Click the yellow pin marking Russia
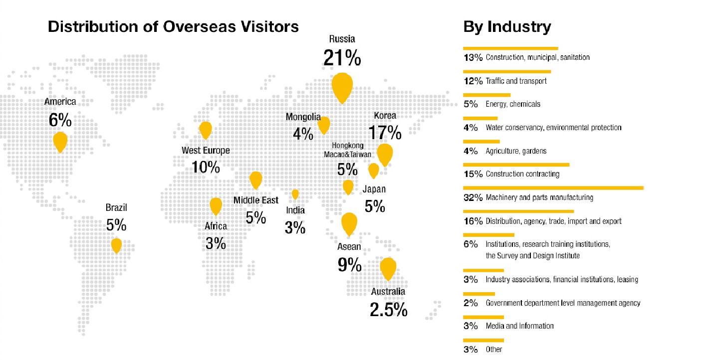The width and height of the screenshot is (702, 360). click(x=342, y=85)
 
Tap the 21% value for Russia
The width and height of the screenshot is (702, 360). click(x=342, y=58)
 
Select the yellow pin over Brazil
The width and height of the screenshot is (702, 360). click(x=116, y=245)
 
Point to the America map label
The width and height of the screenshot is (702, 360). click(x=60, y=102)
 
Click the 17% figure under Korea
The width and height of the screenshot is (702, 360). click(x=385, y=132)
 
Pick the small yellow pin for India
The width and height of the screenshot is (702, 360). click(x=295, y=194)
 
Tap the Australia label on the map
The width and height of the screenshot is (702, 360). click(x=388, y=292)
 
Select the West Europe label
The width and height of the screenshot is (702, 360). click(x=206, y=151)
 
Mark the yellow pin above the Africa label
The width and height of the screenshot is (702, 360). click(x=216, y=205)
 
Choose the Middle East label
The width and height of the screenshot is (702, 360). click(x=256, y=200)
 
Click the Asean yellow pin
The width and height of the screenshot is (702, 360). click(x=349, y=222)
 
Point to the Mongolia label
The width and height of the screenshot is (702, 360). click(x=303, y=117)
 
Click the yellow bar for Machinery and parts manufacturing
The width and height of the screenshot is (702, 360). click(x=553, y=188)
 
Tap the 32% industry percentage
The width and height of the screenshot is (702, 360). click(x=473, y=197)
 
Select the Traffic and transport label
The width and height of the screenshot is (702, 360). click(x=516, y=81)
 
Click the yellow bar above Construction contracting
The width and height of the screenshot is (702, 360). click(x=516, y=164)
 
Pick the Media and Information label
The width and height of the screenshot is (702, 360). click(x=519, y=326)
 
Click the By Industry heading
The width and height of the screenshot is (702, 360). click(x=507, y=26)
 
